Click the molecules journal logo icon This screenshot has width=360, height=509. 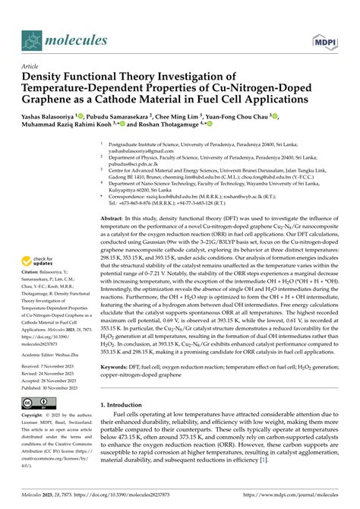point(33,39)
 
